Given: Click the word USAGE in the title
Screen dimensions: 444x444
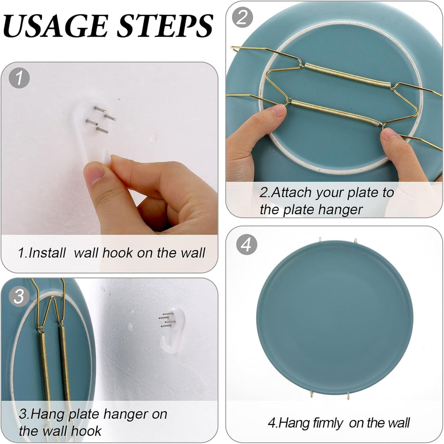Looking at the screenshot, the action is pos(55,26).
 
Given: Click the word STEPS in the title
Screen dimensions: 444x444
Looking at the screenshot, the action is pos(165,26).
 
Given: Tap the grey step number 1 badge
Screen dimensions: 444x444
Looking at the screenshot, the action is pos(19,78).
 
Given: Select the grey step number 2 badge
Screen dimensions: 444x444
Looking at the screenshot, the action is pos(242,17).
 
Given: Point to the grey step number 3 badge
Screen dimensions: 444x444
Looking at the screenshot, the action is pos(19,296).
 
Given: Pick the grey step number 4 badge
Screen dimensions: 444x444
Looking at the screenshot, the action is pos(247,245).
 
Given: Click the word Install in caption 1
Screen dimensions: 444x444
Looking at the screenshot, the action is pos(47,253).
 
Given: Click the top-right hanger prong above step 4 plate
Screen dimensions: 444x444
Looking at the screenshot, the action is pos(356,241).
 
